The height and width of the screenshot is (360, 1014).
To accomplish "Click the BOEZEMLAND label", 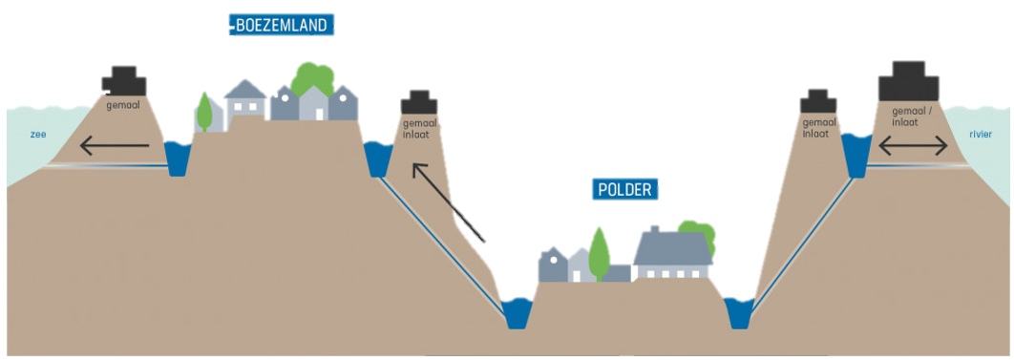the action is coord(283,26).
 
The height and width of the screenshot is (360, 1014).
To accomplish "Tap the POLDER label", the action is coord(624,189).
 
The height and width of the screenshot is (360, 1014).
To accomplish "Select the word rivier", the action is coord(982,135).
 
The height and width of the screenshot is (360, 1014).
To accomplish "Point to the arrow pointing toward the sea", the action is coord(115,146).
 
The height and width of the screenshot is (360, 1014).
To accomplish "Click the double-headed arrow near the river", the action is coord(913,147).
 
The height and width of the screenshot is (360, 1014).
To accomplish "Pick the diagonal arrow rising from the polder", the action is coord(448,202).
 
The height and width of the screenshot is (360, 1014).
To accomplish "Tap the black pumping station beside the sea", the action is coord(123,81).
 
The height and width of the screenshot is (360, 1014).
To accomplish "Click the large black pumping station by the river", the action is coord(909,81).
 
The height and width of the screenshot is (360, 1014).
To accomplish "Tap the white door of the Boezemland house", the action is coord(320,114).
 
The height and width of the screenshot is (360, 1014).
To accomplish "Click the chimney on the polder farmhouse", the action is coord(654,229).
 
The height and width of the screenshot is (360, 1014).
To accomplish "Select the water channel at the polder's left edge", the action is coord(517,313).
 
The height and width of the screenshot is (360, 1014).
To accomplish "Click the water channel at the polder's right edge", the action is coord(738,313).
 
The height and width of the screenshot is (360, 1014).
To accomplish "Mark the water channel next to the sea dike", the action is coord(178,159).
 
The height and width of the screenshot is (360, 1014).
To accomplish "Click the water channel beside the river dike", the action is coord(856,155).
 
